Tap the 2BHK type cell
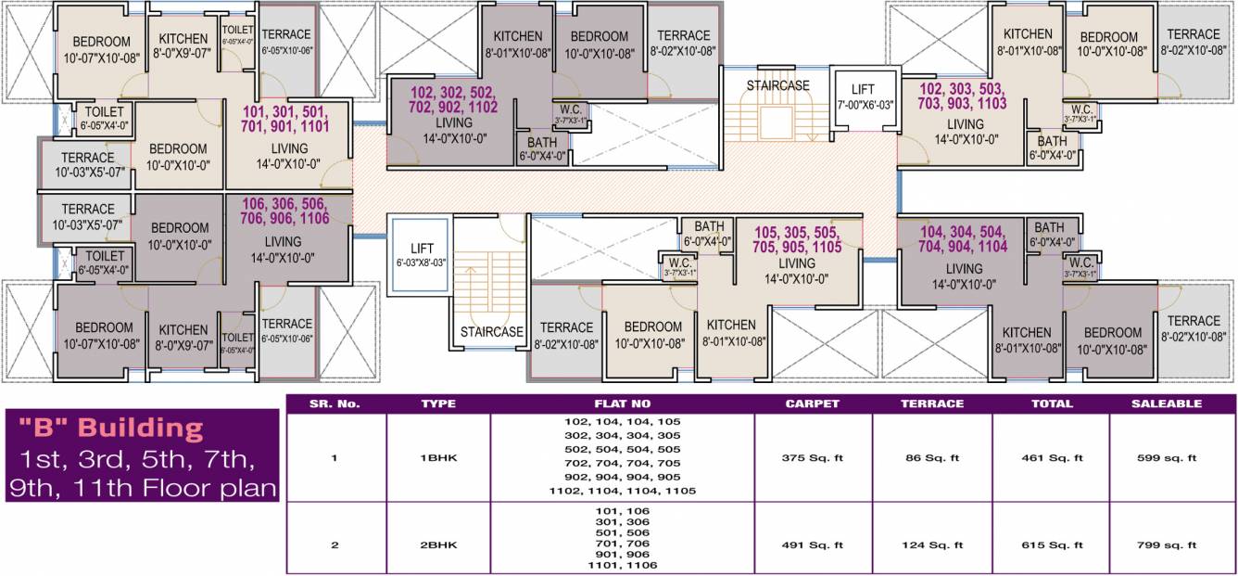(438, 545)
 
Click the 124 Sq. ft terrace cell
(932, 545)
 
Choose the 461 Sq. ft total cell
(1052, 457)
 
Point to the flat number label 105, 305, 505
(797, 239)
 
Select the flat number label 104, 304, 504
(964, 239)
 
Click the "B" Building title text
(111, 428)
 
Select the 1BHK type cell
(438, 457)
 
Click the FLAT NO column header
(622, 403)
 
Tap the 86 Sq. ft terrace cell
(932, 457)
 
